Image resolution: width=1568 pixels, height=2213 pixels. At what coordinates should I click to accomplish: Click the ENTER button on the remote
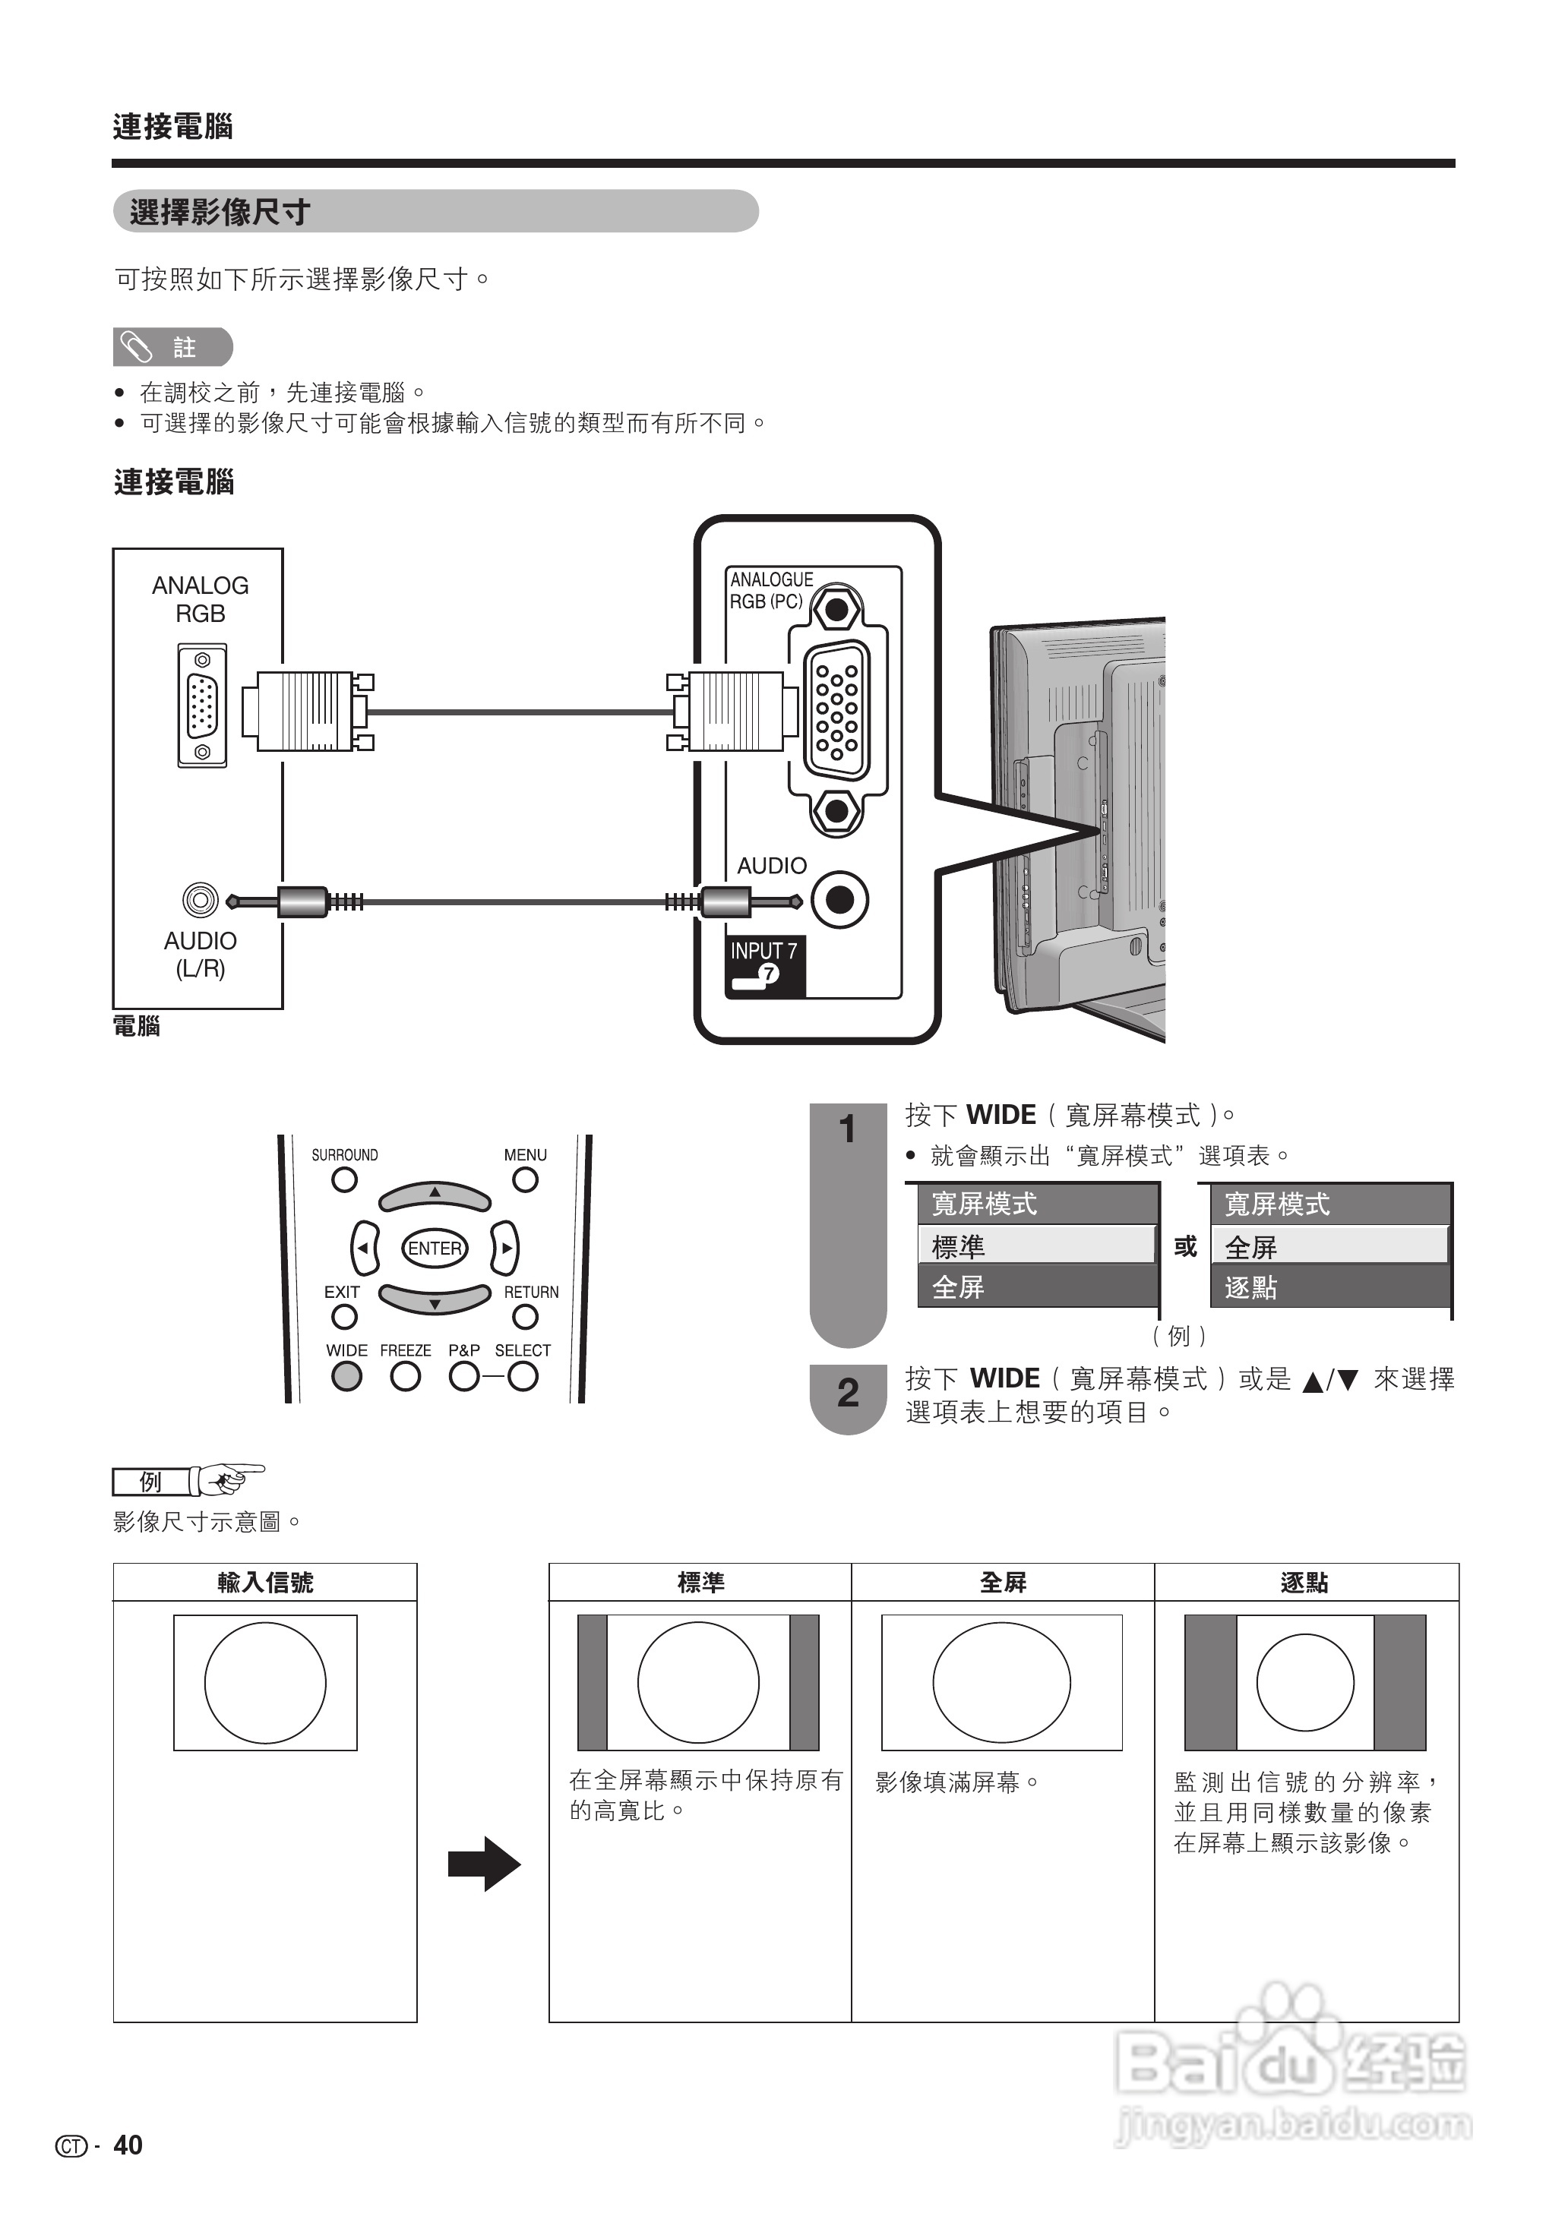coord(435,1248)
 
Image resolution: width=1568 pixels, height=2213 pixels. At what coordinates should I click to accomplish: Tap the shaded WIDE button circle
coord(346,1376)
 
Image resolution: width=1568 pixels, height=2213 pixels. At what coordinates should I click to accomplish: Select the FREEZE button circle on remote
coord(406,1376)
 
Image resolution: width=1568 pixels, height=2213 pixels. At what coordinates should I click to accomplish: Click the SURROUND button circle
coord(343,1179)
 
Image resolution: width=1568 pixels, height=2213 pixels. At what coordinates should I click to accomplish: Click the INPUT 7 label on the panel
coord(763,952)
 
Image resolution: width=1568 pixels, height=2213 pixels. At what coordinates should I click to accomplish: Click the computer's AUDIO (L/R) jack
coord(200,901)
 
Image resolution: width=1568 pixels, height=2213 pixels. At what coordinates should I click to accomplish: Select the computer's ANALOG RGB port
coord(202,706)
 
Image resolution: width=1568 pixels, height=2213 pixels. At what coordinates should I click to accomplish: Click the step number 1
coord(847,1129)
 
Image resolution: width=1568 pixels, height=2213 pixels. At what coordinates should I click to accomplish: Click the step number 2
coord(847,1393)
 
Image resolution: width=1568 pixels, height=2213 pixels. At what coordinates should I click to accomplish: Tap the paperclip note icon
coord(136,347)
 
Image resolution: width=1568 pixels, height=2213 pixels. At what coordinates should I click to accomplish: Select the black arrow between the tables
coord(485,1864)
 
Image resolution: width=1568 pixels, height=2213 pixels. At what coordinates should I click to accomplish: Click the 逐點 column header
coord(1304,1583)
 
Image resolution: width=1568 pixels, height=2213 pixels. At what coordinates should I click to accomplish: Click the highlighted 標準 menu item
coord(1036,1246)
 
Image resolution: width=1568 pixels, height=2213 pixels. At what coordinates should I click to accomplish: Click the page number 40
coord(128,2145)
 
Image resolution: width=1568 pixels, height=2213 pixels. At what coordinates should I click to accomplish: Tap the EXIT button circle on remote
coord(343,1316)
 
